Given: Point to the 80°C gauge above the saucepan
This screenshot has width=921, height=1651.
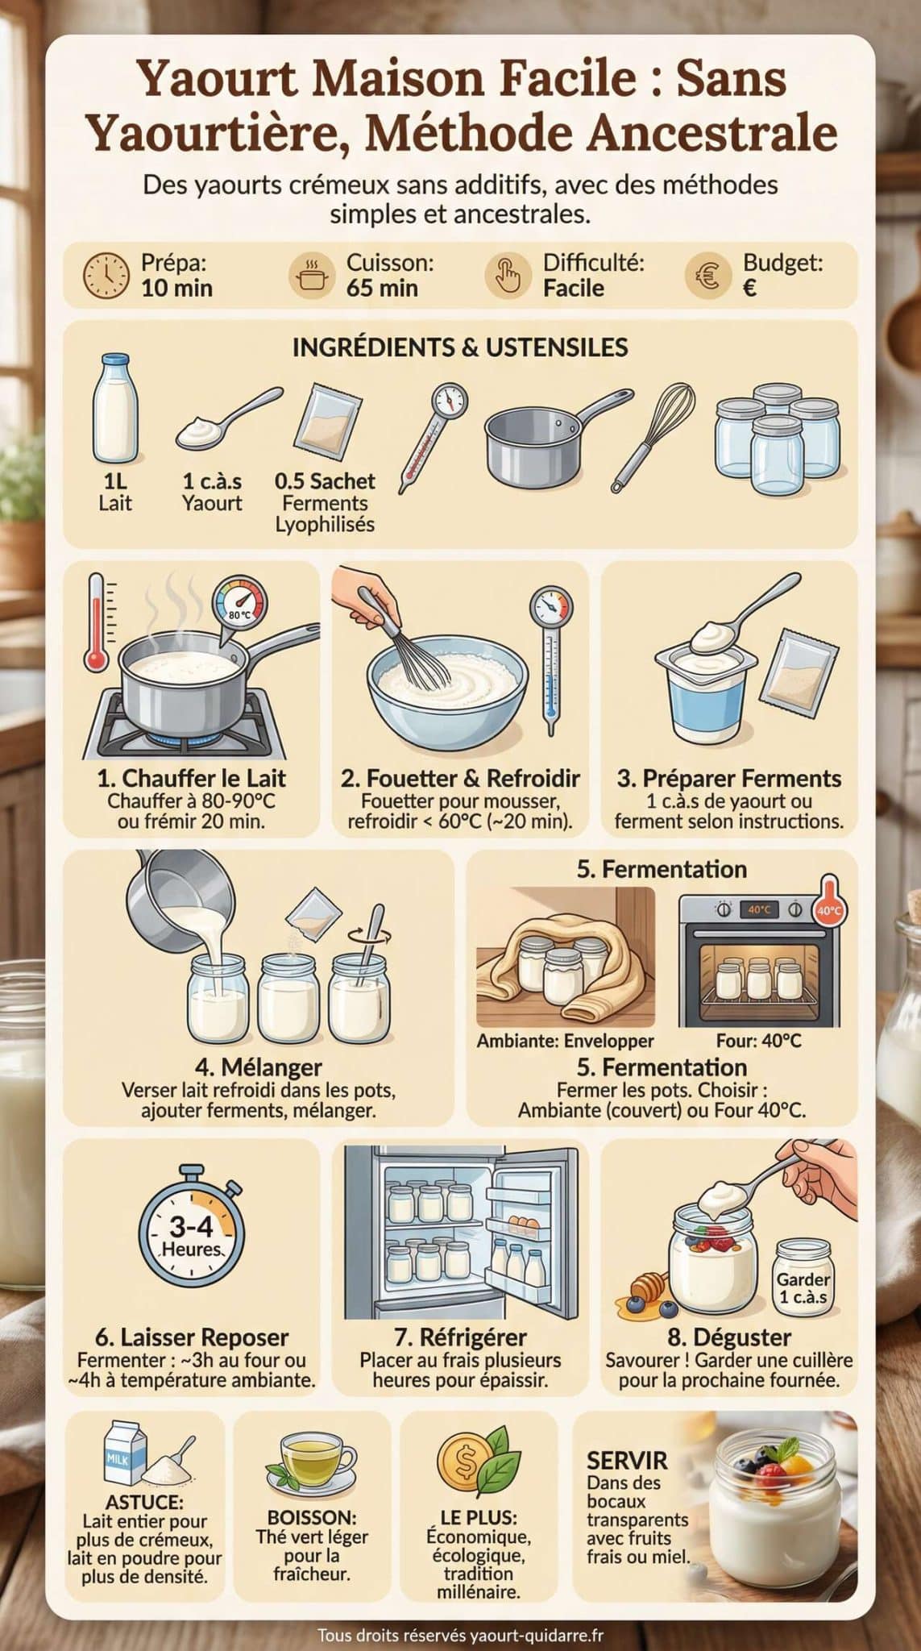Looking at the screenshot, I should tap(240, 605).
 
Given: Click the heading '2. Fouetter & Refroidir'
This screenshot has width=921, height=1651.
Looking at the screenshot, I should tap(460, 779).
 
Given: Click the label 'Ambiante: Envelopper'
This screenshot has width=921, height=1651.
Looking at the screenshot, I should tap(565, 1041).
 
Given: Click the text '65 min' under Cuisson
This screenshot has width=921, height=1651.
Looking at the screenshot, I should tap(382, 288).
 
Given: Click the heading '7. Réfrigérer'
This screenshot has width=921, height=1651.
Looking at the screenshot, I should tap(460, 1337).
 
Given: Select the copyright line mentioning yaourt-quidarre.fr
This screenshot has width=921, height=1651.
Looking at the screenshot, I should tap(460, 1635).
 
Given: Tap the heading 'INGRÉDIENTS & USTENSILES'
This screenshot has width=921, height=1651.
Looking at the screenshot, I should tap(460, 347).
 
